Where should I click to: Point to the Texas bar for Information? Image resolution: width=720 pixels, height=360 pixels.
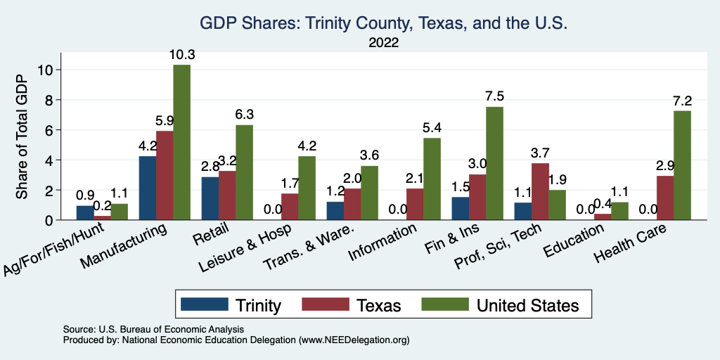pyautogui.click(x=415, y=205)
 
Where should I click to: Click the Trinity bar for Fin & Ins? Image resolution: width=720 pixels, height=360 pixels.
pyautogui.click(x=459, y=209)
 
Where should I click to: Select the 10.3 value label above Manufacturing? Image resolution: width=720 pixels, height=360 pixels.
pyautogui.click(x=181, y=55)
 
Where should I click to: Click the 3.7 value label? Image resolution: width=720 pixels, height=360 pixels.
pyautogui.click(x=540, y=153)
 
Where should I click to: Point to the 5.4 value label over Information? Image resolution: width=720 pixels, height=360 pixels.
pyautogui.click(x=432, y=128)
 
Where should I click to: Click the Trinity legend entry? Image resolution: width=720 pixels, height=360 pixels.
pyautogui.click(x=232, y=305)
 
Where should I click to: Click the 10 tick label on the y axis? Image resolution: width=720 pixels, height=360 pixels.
pyautogui.click(x=46, y=70)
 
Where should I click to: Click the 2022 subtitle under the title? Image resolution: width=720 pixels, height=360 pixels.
pyautogui.click(x=383, y=43)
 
